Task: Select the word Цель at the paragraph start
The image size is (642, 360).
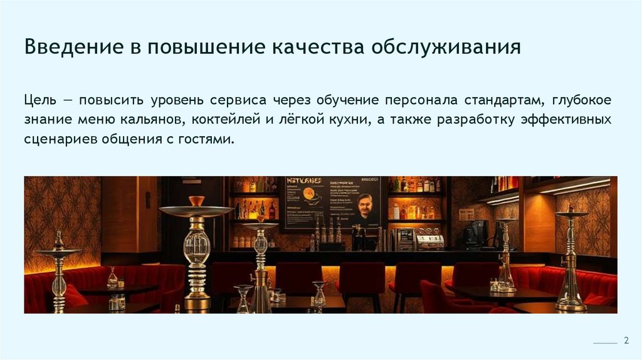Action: (x=40, y=100)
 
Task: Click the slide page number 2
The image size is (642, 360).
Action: (x=625, y=341)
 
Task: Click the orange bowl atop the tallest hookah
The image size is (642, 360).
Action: (x=197, y=201)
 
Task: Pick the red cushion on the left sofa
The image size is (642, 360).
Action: (x=74, y=295)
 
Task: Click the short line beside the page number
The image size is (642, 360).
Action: (x=605, y=344)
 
